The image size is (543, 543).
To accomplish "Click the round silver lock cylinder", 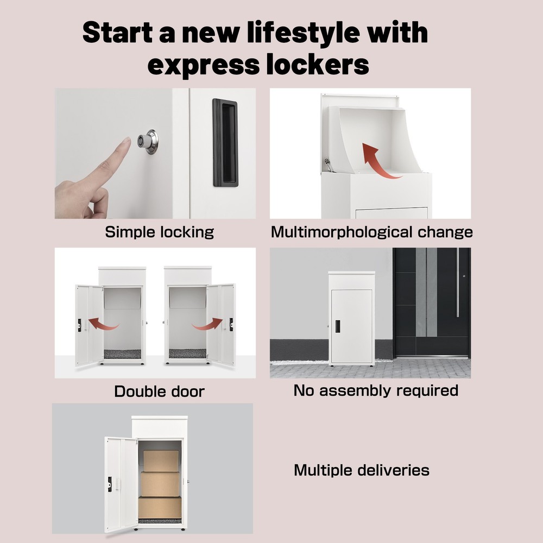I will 147,142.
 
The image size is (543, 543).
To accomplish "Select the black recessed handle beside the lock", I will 225,143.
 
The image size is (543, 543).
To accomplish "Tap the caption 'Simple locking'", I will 159,232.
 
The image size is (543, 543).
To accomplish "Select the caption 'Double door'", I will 159,391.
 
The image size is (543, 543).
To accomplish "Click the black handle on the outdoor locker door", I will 338,326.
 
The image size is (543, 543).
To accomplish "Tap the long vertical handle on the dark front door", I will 458,282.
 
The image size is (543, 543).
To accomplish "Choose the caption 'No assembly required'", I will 376,390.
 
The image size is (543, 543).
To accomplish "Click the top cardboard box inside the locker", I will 161,460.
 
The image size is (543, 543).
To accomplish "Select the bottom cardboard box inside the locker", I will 160,507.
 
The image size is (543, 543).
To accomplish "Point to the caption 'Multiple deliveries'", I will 362,470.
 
